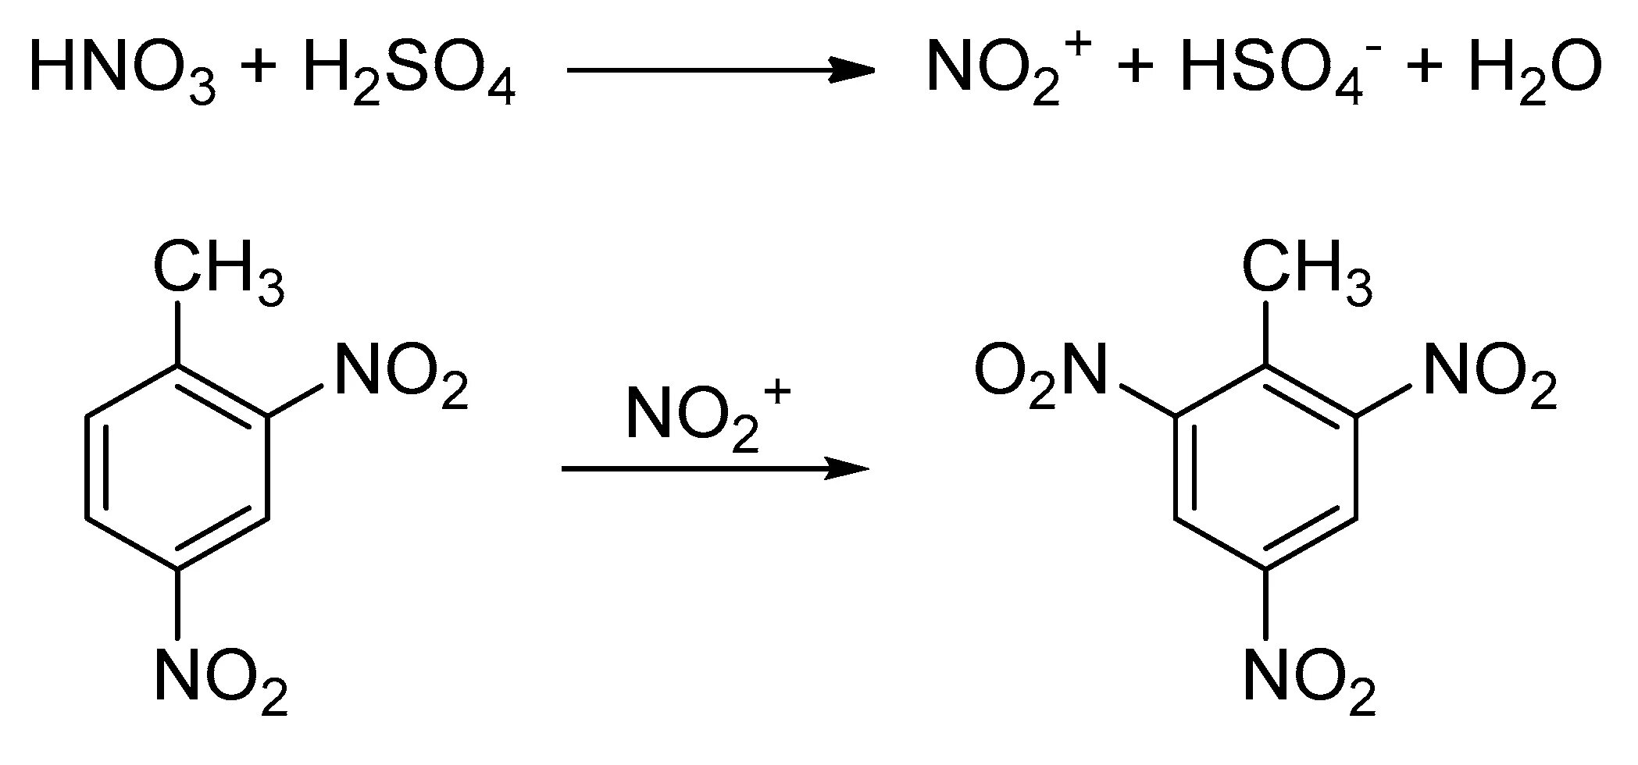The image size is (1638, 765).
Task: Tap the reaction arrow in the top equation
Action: [x=719, y=69]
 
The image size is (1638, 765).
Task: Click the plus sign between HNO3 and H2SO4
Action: [x=257, y=69]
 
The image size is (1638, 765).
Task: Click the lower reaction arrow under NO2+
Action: [x=715, y=468]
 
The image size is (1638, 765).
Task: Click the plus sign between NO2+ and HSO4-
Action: [x=1136, y=69]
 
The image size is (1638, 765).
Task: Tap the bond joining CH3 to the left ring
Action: [x=179, y=332]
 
